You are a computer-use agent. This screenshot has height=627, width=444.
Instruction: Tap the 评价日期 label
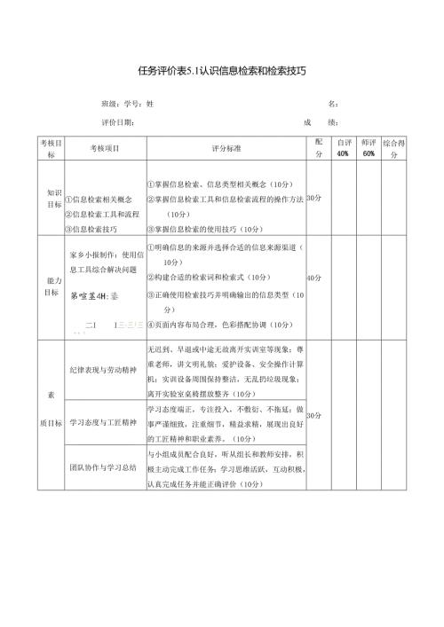pyautogui.click(x=115, y=122)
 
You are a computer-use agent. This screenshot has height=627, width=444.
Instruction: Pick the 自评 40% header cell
pyautogui.click(x=342, y=147)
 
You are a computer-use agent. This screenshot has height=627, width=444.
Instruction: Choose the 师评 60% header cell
pyautogui.click(x=369, y=147)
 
